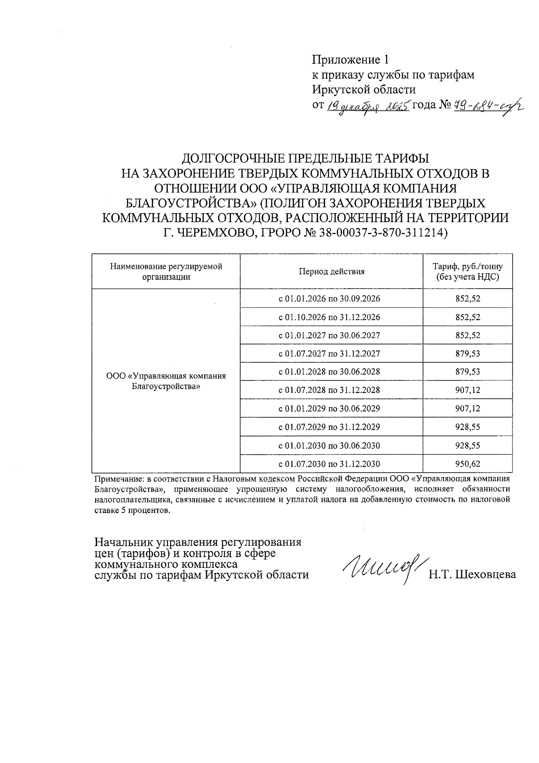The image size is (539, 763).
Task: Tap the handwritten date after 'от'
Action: pos(368,106)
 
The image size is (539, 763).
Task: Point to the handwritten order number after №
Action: pos(487,106)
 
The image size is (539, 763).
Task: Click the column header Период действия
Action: pos(331,272)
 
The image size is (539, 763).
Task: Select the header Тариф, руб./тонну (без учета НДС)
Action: pos(468,272)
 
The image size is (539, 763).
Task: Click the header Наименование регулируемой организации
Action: pos(166,272)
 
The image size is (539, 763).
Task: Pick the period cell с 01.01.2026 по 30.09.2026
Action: pos(331,299)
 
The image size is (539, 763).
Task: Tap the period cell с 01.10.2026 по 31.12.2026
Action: pos(331,317)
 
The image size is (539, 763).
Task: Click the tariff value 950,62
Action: pos(468,464)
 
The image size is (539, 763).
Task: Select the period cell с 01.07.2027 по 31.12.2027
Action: pos(331,354)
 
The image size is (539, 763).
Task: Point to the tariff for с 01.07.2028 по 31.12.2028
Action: pos(468,390)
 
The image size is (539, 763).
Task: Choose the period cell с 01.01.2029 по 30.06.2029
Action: pos(331,409)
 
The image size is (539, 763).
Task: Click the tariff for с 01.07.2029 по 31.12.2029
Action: pos(468,427)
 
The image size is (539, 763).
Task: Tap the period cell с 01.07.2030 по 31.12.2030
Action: pos(331,464)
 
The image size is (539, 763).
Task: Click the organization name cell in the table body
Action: pos(166,381)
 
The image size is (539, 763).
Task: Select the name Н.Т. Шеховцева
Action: pos(472,574)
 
